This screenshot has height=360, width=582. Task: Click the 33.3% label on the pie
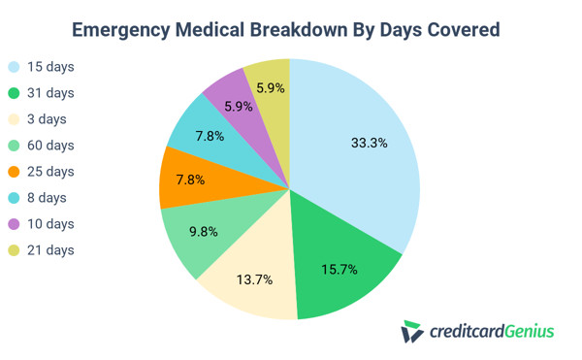(x=369, y=143)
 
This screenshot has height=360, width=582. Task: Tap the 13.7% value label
(x=254, y=278)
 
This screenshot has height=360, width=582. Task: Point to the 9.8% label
(x=202, y=232)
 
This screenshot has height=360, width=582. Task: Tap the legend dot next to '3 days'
(x=13, y=119)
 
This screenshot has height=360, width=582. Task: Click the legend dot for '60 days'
(x=13, y=146)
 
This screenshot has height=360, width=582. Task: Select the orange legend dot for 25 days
(x=13, y=172)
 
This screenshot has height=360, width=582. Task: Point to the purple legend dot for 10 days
(x=13, y=224)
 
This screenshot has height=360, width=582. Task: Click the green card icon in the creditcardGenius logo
(x=411, y=332)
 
